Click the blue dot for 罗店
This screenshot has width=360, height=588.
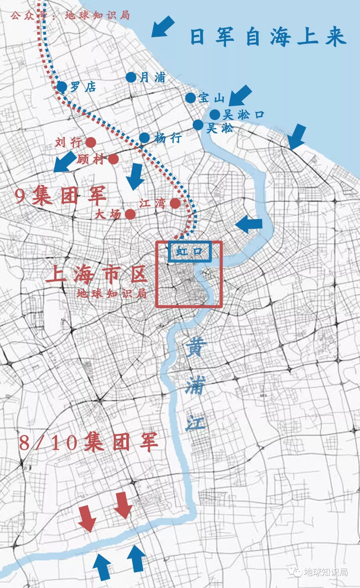62,87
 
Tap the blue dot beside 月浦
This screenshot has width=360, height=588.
131,77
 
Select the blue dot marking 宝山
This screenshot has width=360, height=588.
190,98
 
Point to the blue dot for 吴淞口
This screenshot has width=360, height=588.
215,114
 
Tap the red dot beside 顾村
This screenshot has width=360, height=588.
113,159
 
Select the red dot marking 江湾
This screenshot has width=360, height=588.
175,203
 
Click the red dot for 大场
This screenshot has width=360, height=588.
130,214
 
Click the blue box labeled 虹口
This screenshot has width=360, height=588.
190,251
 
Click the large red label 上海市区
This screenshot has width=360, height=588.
97,274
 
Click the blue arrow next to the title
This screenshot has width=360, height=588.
163,27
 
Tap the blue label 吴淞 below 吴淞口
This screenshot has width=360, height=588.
220,128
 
